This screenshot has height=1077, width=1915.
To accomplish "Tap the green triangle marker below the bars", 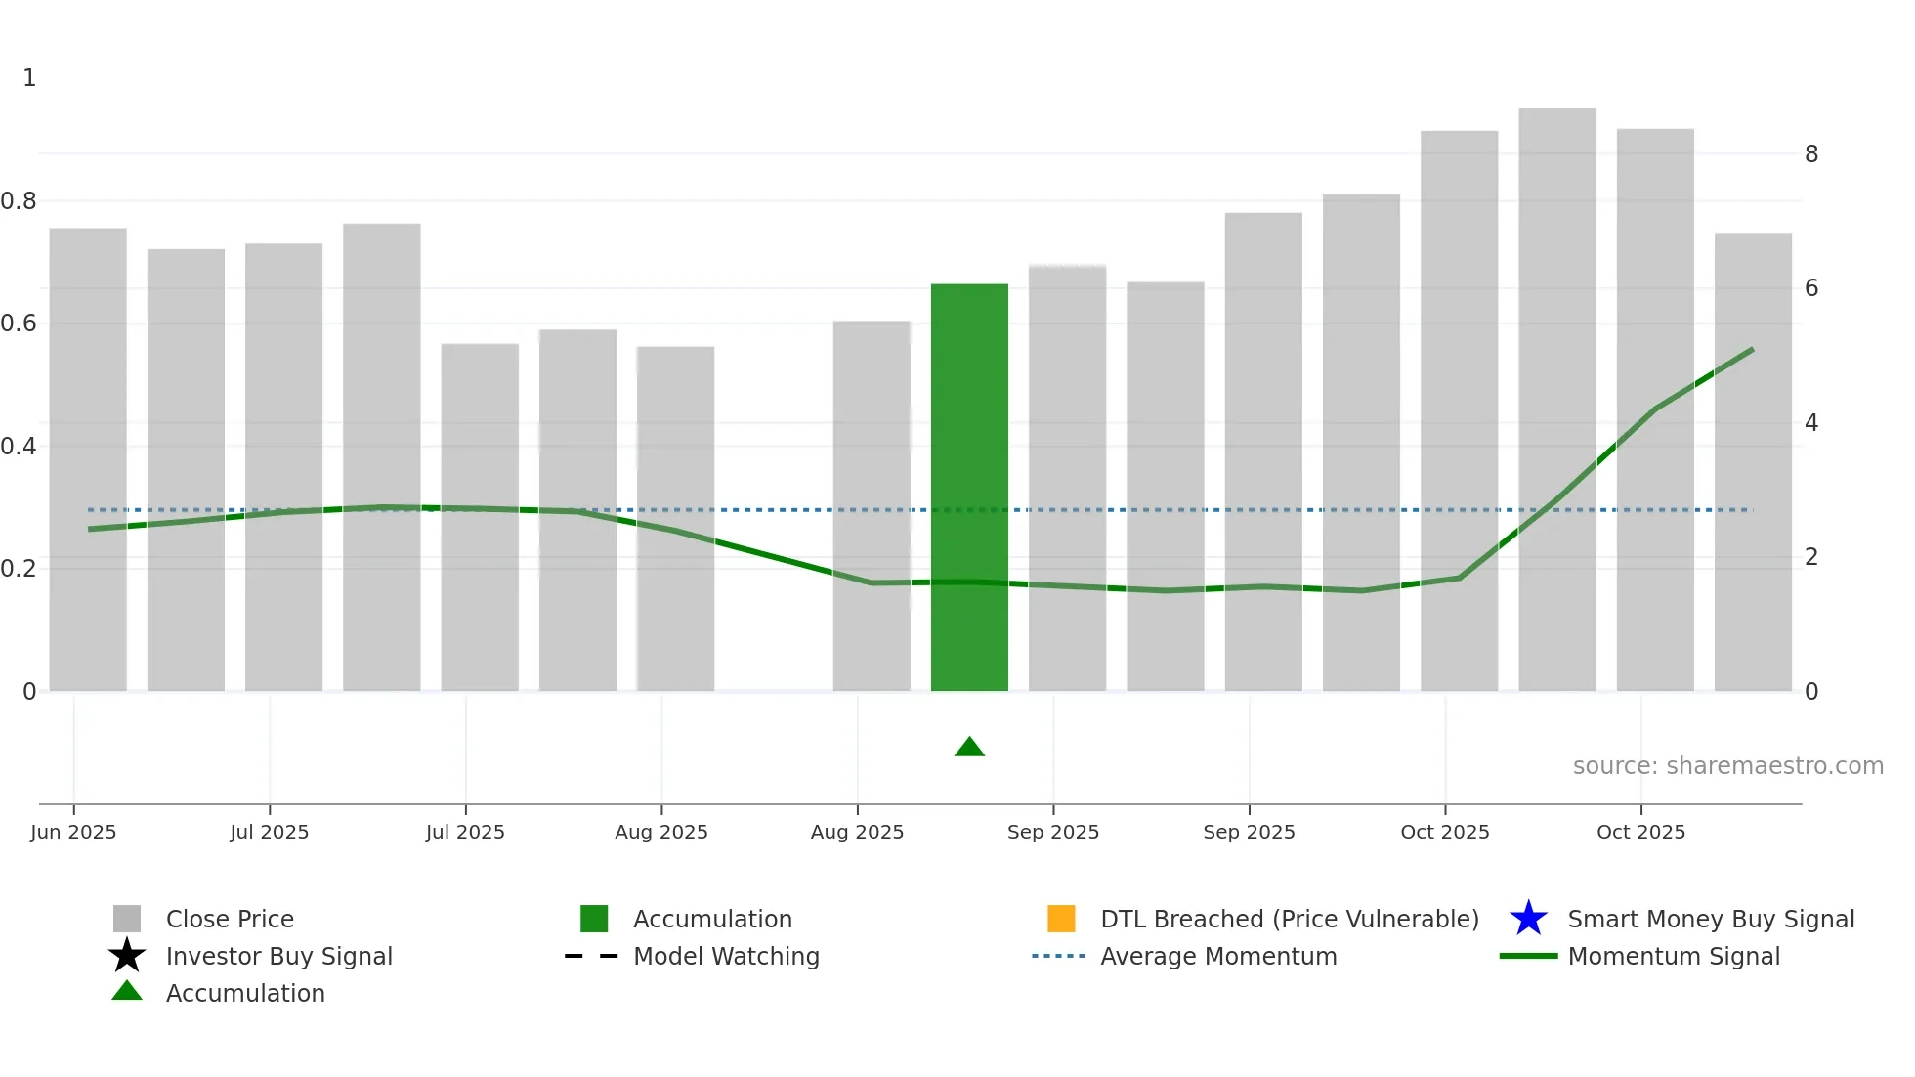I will point(969,748).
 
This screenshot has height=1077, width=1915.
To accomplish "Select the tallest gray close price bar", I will point(1557,391).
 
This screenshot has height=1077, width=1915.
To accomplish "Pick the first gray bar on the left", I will point(88,459).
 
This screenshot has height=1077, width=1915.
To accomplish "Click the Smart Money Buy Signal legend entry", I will point(1711,920).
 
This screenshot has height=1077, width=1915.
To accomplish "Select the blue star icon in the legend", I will point(1528,919).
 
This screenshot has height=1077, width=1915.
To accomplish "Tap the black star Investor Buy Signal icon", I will point(127,956).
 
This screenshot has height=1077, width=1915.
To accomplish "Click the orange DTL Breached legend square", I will point(1061,919).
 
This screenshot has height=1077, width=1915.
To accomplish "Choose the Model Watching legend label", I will point(726,957).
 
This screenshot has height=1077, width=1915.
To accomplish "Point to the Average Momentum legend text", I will point(1218,957).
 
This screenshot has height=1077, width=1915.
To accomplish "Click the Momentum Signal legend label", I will point(1674,957).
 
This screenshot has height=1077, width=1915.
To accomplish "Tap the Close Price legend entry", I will point(230,920).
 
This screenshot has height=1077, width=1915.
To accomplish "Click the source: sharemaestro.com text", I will point(1727,766).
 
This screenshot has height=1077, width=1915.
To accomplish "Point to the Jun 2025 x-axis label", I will point(73,832).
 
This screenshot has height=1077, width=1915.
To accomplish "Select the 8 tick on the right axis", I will point(1811,154).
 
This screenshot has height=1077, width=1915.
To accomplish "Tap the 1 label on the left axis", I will point(29,78).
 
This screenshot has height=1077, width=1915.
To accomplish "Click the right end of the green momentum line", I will point(1752,350).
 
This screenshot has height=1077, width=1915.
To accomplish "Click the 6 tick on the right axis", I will point(1811,288).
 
